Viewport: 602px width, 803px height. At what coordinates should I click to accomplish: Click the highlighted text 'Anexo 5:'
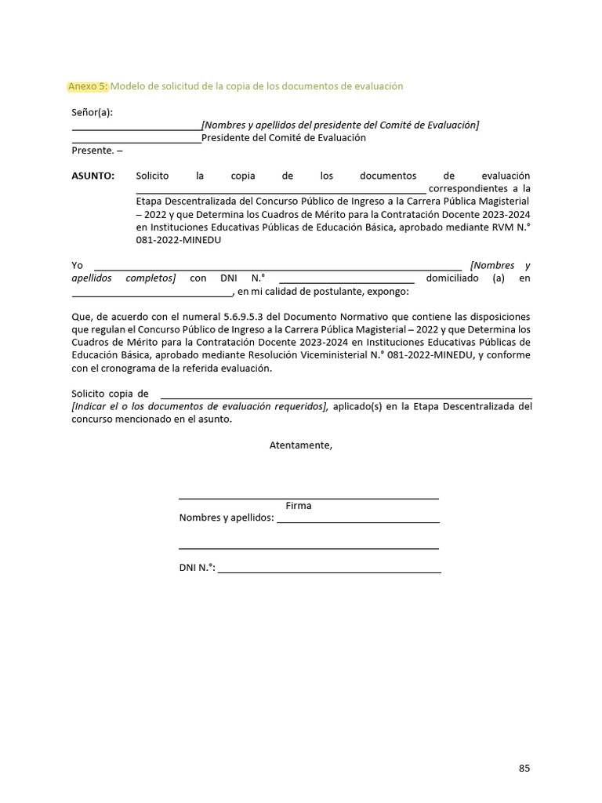pyautogui.click(x=88, y=85)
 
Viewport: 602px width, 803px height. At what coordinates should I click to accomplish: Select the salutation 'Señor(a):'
pyautogui.click(x=92, y=112)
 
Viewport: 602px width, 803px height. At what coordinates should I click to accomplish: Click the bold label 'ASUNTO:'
pyautogui.click(x=92, y=176)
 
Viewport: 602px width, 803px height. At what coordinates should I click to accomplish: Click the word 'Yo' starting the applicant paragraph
pyautogui.click(x=78, y=266)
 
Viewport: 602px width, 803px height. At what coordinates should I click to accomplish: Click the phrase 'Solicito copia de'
pyautogui.click(x=110, y=393)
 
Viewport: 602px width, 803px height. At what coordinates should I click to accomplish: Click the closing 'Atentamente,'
pyautogui.click(x=301, y=445)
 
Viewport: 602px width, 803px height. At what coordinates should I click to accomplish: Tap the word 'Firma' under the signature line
pyautogui.click(x=299, y=506)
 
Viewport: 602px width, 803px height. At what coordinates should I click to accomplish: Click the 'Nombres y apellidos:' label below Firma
pyautogui.click(x=227, y=518)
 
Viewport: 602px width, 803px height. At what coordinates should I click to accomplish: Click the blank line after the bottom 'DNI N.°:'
pyautogui.click(x=329, y=569)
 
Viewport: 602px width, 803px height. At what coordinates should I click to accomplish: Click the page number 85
pyautogui.click(x=524, y=768)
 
